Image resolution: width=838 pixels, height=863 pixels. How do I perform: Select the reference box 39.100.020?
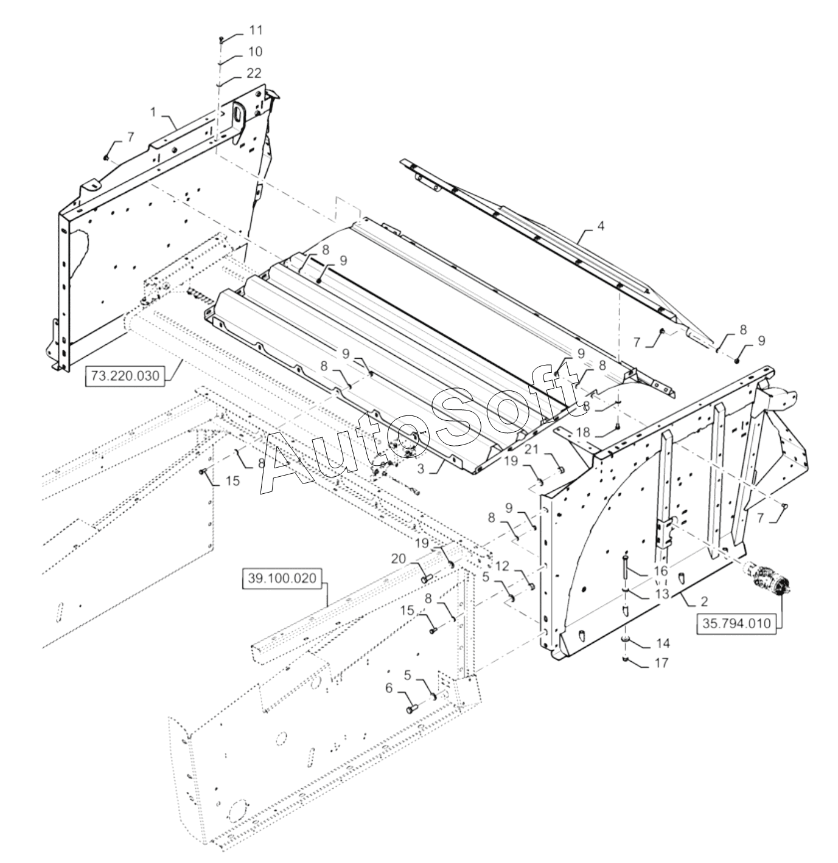tap(282, 578)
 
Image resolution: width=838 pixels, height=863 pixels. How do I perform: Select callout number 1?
tap(153, 112)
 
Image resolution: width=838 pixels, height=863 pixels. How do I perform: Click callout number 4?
tap(600, 226)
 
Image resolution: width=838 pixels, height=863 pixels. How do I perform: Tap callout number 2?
tap(704, 601)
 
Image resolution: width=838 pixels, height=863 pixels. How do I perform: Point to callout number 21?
tap(531, 449)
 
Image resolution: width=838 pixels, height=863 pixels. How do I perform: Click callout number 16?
tap(661, 571)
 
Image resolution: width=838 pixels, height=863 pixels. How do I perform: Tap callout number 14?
tap(662, 643)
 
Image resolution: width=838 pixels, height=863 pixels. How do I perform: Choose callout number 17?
tap(662, 662)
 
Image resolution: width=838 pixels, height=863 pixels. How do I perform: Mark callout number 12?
tap(502, 566)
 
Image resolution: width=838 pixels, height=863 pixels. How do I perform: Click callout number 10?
tap(255, 52)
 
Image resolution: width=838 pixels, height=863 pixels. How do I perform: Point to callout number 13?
tap(661, 593)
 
